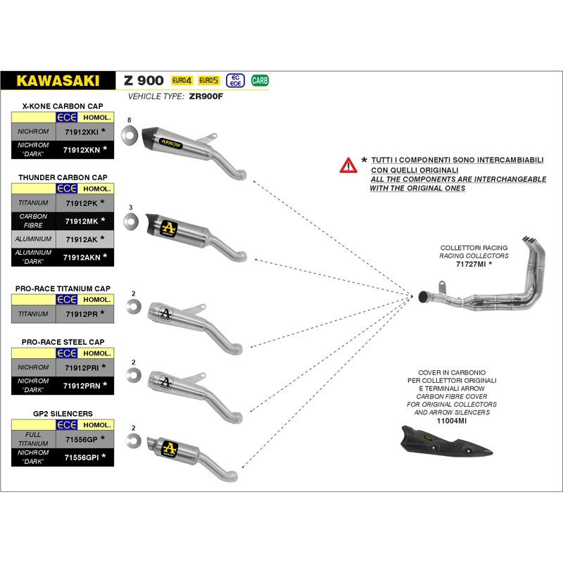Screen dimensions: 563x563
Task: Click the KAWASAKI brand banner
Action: (x=58, y=80)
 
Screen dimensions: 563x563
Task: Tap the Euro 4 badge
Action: (x=182, y=80)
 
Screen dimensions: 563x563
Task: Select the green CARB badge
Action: (x=260, y=80)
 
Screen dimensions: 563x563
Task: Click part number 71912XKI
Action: (x=81, y=132)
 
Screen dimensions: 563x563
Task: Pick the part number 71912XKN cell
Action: (x=81, y=149)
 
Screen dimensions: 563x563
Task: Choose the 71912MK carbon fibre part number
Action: (x=81, y=221)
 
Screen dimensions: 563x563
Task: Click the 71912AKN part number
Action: (x=81, y=258)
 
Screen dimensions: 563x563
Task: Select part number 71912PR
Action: (x=81, y=313)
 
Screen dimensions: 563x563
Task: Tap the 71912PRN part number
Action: (x=81, y=386)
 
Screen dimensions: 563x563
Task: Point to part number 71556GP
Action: (x=81, y=439)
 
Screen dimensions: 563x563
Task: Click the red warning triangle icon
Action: (x=348, y=165)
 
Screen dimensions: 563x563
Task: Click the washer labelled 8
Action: (x=129, y=134)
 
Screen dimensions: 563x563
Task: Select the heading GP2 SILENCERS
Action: (x=63, y=413)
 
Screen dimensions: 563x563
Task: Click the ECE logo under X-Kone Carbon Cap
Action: (x=67, y=118)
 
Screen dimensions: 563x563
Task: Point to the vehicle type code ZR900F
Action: (x=205, y=96)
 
